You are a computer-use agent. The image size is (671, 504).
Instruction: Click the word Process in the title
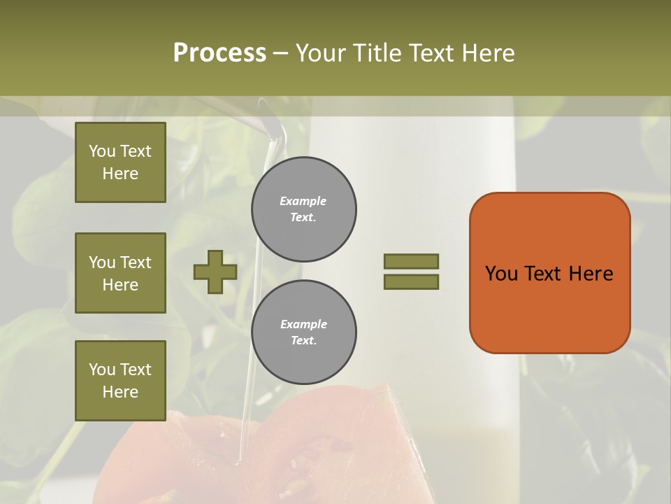(x=219, y=53)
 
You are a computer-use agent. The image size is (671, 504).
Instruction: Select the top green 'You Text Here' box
(x=120, y=162)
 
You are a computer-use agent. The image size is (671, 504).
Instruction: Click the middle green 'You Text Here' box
(x=120, y=273)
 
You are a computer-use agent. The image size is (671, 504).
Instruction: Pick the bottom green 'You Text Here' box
(x=120, y=381)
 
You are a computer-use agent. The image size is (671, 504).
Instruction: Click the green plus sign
(x=215, y=272)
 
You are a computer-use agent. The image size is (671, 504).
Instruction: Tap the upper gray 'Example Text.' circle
(x=304, y=209)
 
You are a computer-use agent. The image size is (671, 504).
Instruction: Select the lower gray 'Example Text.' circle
(x=304, y=332)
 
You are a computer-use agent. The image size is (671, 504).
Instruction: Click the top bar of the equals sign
(x=411, y=262)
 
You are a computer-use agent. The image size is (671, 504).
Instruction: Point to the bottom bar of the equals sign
(x=411, y=281)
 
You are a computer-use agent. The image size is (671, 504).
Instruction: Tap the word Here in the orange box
(x=591, y=274)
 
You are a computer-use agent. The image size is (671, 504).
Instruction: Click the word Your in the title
(x=322, y=53)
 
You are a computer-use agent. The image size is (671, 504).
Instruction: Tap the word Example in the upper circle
(x=303, y=201)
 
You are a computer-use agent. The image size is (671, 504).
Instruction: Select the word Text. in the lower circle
(x=303, y=341)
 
